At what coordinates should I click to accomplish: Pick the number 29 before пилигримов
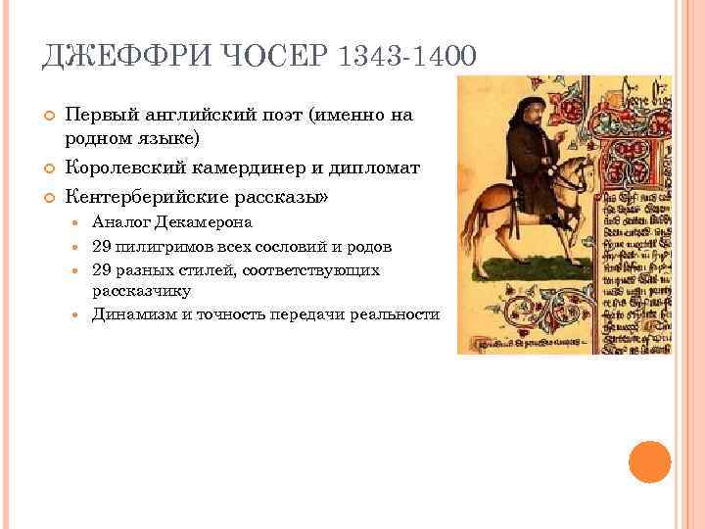click(x=102, y=245)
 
